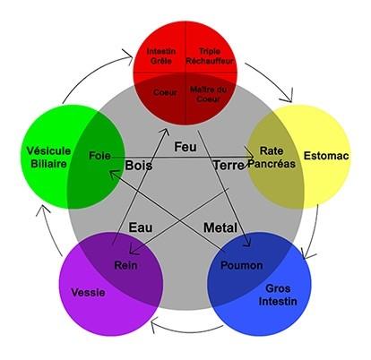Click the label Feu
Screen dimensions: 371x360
(185, 147)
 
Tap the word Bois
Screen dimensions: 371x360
(139, 166)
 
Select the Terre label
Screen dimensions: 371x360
(229, 165)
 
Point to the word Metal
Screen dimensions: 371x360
(220, 227)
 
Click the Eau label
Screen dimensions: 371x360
(141, 227)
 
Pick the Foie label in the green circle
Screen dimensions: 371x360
(99, 156)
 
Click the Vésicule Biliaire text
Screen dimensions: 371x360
(48, 158)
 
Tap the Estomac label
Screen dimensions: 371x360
(326, 156)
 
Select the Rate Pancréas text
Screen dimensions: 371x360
(272, 158)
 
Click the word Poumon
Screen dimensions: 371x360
(242, 265)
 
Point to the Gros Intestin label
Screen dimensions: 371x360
(278, 295)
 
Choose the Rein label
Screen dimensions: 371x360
(125, 265)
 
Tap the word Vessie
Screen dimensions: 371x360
(88, 292)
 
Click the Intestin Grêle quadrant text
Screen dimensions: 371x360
(161, 56)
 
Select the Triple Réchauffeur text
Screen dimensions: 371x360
(210, 56)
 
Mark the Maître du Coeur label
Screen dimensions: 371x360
(208, 94)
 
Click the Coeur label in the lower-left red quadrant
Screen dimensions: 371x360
(165, 92)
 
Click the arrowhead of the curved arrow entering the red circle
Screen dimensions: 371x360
(129, 56)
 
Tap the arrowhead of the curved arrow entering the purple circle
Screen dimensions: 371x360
(153, 325)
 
